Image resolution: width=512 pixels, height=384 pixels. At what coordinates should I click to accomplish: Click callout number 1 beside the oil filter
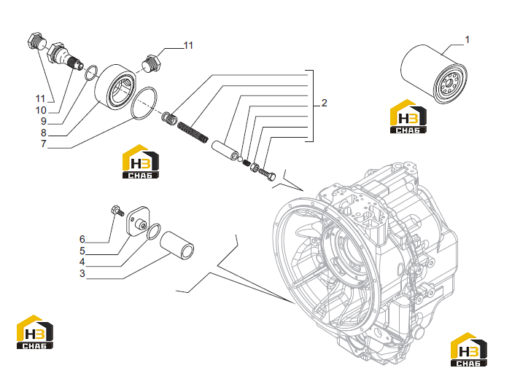(468, 40)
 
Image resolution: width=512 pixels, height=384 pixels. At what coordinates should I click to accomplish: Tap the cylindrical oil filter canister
(433, 74)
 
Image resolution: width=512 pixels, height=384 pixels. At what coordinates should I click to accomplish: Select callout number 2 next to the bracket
(324, 103)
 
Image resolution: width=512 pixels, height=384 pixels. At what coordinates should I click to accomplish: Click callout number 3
(82, 273)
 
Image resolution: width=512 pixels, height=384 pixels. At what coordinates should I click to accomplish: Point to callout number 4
(82, 262)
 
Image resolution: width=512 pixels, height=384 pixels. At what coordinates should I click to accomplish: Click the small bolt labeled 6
(117, 211)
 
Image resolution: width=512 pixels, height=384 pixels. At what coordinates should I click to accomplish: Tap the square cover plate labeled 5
(138, 221)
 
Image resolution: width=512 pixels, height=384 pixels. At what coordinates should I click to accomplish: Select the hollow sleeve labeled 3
(177, 245)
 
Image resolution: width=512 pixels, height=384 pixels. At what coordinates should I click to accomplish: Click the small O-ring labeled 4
(153, 231)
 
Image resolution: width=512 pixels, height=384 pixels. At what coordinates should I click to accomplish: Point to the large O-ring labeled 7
(144, 103)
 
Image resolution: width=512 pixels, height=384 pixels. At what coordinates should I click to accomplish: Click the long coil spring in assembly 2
(193, 132)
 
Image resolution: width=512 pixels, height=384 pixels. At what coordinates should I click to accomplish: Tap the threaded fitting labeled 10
(65, 56)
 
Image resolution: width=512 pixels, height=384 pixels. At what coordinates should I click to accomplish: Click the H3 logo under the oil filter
(408, 117)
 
